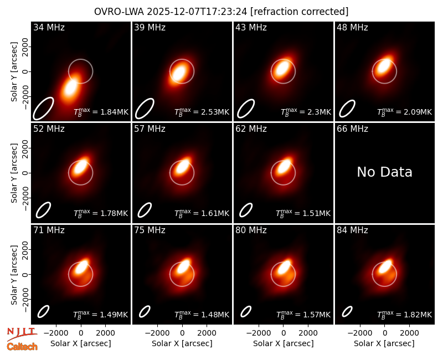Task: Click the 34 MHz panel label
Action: coord(49,27)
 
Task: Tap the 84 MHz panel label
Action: coord(352,230)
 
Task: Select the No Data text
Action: coord(384,172)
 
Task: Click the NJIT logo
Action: coord(22,334)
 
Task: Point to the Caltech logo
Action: coord(22,347)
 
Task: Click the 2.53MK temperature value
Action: coord(215,112)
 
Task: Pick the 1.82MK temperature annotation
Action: coord(418,315)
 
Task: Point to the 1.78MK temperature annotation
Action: coord(114,213)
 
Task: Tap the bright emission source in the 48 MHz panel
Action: coord(384,66)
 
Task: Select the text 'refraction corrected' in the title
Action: coord(299,12)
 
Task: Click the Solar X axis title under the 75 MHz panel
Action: coord(182,343)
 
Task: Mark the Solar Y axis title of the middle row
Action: coord(14,173)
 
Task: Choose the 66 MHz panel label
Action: coord(352,129)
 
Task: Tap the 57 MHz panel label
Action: coord(150,129)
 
